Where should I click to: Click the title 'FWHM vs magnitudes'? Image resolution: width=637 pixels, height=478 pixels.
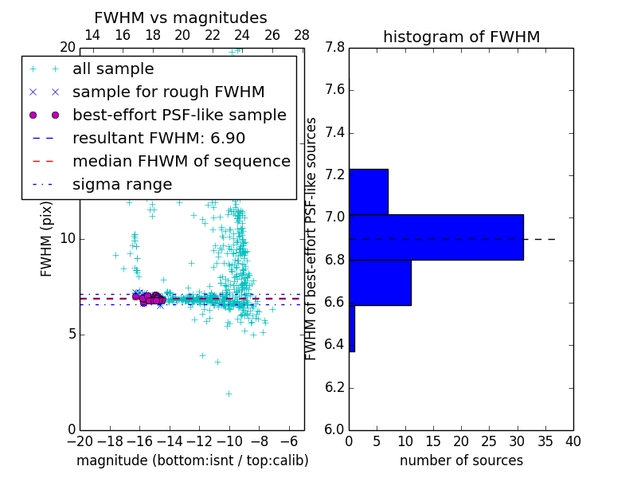click(x=180, y=18)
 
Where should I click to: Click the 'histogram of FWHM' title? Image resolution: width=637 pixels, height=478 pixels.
click(x=461, y=37)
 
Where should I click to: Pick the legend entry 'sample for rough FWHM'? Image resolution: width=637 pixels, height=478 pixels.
click(x=168, y=92)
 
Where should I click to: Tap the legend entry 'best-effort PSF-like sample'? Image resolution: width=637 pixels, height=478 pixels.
click(x=179, y=115)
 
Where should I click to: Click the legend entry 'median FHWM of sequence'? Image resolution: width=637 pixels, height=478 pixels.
click(x=181, y=161)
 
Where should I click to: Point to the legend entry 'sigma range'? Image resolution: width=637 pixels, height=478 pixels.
click(x=122, y=185)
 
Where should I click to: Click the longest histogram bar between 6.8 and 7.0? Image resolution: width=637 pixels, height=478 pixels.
click(x=436, y=237)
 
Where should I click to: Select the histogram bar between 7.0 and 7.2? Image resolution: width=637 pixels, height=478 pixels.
click(x=368, y=191)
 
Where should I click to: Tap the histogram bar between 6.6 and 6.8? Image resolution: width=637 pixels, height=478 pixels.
click(x=380, y=282)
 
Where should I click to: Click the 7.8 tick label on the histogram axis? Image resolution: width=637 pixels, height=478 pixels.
click(x=334, y=48)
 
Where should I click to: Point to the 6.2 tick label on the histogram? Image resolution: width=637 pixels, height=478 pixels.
click(x=334, y=387)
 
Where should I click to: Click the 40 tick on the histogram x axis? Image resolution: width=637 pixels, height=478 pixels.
click(x=573, y=441)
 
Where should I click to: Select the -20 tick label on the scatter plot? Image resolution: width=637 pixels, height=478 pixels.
click(x=80, y=441)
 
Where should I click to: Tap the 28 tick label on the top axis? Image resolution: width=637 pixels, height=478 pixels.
click(x=302, y=35)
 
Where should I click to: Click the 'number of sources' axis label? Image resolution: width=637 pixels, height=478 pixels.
click(x=461, y=460)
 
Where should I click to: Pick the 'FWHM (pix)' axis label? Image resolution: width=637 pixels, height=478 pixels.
click(x=47, y=238)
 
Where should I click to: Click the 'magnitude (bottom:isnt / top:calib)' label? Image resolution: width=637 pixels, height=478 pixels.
click(x=192, y=460)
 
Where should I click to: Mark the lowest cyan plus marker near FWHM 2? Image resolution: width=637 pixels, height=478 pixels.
click(x=229, y=394)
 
